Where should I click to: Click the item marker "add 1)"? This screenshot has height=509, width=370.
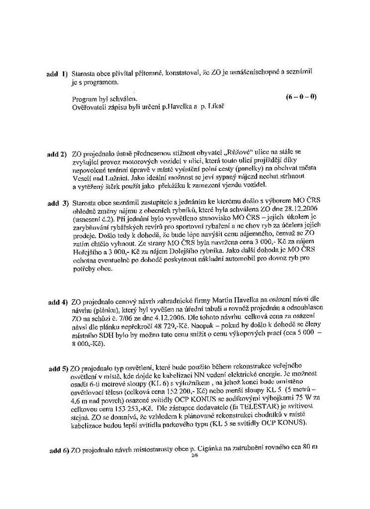[x=57, y=74]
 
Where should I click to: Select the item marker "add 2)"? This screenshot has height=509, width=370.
[x=57, y=154]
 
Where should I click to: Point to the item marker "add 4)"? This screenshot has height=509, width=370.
[x=58, y=302]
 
